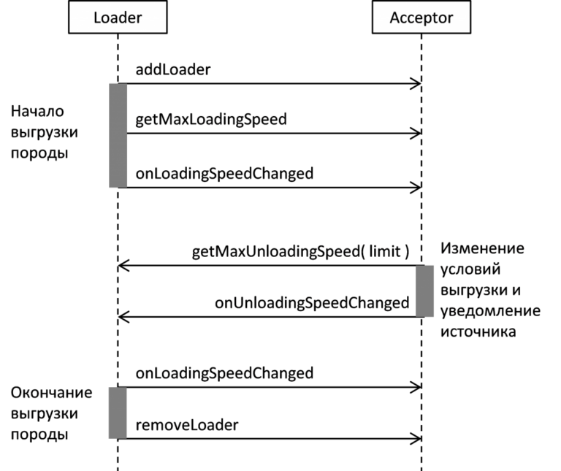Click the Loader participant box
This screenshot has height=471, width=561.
(118, 18)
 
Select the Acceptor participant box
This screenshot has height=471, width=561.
(421, 18)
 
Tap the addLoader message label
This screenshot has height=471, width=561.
(173, 69)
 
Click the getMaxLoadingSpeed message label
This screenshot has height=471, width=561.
(211, 120)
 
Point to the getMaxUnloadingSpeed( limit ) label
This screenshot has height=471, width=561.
(300, 251)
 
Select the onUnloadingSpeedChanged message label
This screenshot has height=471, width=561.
(312, 303)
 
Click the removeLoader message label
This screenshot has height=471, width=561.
(187, 425)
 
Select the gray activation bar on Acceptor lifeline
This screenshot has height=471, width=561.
(424, 291)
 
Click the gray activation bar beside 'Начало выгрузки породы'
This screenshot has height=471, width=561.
(118, 136)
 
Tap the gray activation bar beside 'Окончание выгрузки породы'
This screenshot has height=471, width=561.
(118, 413)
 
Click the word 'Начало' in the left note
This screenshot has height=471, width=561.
(37, 112)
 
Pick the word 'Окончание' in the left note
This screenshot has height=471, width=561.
(52, 393)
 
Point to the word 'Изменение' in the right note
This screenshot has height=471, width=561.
(482, 248)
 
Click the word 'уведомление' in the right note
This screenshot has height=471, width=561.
(490, 311)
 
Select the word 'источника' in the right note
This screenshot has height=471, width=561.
(478, 332)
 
